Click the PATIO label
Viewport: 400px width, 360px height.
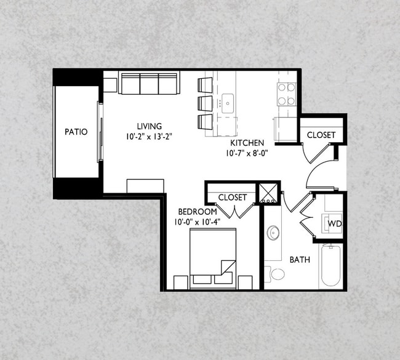tap(76, 132)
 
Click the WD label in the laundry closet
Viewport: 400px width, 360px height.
tap(334, 223)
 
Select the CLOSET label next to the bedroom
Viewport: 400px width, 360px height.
tap(233, 198)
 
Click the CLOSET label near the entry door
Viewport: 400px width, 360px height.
tap(321, 135)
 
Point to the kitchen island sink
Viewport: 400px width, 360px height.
tap(228, 101)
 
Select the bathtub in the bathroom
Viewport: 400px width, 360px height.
tap(331, 266)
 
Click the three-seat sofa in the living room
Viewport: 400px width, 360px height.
tap(149, 83)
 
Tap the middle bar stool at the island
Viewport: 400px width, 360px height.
tap(205, 103)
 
